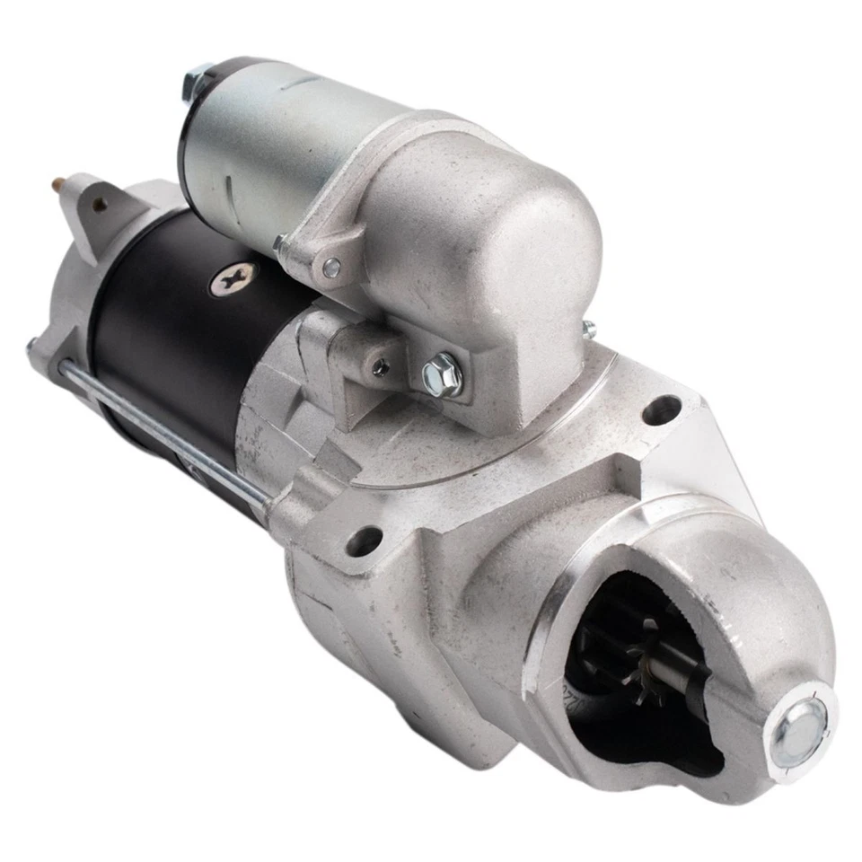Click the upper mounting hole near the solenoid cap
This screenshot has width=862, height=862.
(662, 409)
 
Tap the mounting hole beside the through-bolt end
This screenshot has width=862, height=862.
(365, 540)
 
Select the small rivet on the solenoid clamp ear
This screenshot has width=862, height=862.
(331, 266)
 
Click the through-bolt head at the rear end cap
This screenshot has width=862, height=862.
(34, 345)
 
